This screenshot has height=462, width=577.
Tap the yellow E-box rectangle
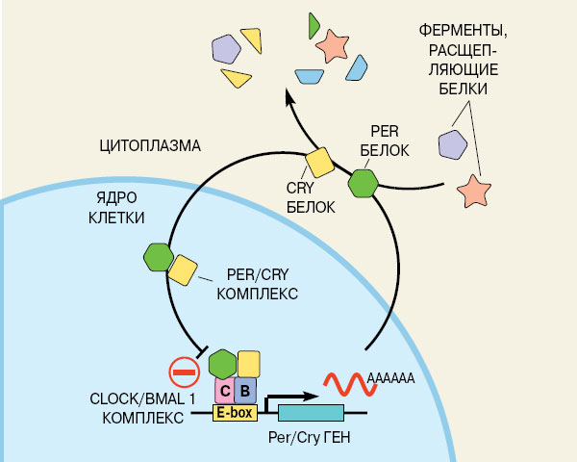coord(234,413)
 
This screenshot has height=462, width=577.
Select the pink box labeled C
coord(224,390)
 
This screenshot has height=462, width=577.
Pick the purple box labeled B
coord(245,390)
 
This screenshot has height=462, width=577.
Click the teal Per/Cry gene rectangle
coord(312,413)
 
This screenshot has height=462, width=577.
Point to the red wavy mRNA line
coord(343,382)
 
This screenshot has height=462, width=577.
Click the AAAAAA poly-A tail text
coord(390,379)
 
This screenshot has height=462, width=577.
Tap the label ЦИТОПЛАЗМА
coord(149,146)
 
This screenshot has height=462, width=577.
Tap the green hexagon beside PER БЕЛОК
coord(364,182)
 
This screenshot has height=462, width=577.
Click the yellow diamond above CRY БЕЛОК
coord(320,161)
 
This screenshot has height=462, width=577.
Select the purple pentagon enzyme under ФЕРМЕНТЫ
coord(452,144)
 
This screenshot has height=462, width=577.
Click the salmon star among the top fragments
coord(334,43)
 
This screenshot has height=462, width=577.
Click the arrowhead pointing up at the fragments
coord(289,95)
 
